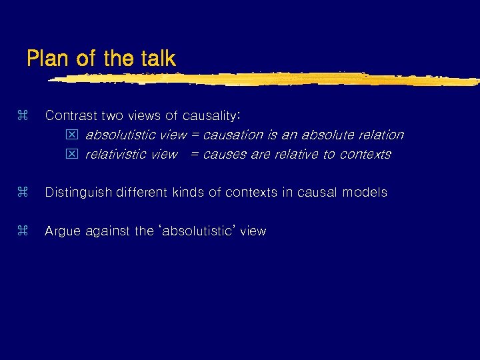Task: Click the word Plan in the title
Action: coord(49,59)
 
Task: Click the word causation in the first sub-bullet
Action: coord(233,135)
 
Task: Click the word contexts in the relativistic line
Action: coord(365,155)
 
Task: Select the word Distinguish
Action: coord(79,193)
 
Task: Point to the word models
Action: coord(365,193)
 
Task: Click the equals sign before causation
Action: coord(195,135)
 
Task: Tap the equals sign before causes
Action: coord(195,155)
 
